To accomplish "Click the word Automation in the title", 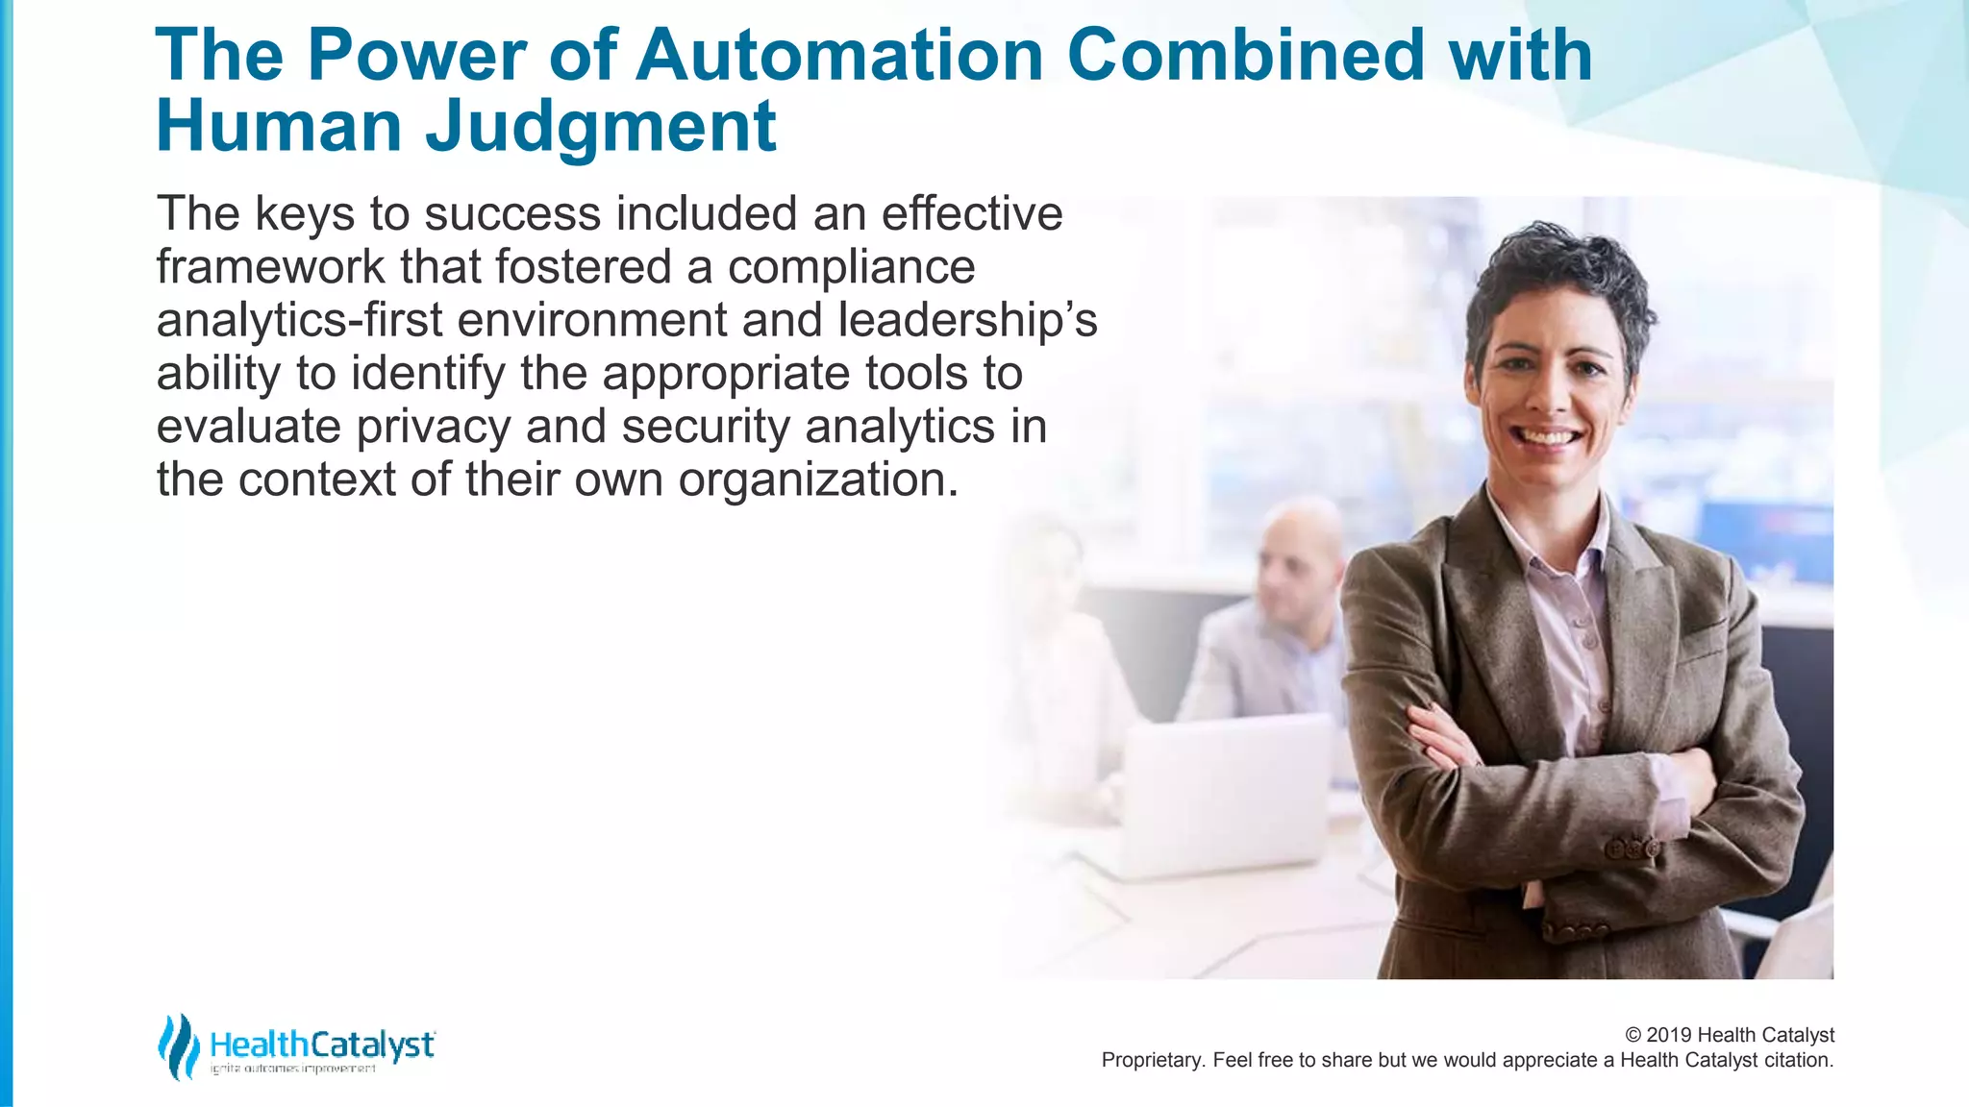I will pos(839,55).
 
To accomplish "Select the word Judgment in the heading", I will pos(600,127).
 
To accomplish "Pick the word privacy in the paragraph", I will pos(433,428).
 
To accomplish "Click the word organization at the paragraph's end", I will pos(817,480).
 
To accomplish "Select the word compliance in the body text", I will pos(851,267).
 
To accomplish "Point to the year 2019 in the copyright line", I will pos(1669,1035).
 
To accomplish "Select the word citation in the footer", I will pos(1798,1060).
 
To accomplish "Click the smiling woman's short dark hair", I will pos(1558,269).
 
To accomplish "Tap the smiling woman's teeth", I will pos(1547,437).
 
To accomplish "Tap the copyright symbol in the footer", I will pos(1633,1035).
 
